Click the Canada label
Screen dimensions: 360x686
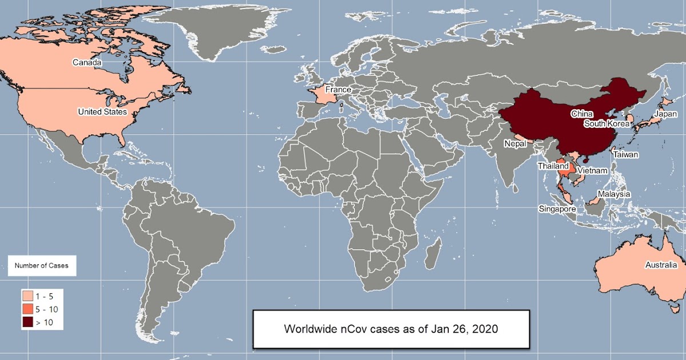tap(87, 62)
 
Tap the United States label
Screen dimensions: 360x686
tap(102, 112)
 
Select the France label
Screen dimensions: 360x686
tap(338, 90)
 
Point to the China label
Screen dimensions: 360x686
tap(581, 114)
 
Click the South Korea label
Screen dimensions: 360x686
tap(607, 123)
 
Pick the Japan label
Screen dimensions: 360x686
tap(665, 114)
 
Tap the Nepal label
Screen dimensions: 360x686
tap(515, 144)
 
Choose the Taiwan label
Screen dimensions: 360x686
tap(626, 154)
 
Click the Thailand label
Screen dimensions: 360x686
tap(553, 166)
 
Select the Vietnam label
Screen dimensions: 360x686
tap(592, 170)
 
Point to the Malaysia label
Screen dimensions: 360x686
tap(614, 194)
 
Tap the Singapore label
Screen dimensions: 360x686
tap(557, 209)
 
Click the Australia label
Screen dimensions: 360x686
tap(661, 265)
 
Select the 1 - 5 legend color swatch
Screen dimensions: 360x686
tap(27, 297)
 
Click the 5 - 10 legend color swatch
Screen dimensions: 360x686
tap(27, 310)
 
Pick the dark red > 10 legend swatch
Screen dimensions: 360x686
tap(27, 323)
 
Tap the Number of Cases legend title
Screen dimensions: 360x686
tap(41, 266)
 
